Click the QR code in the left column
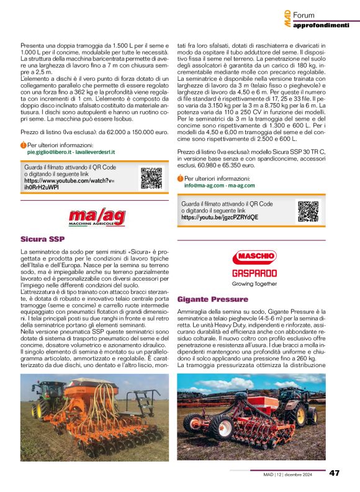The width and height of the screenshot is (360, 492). tap(151, 178)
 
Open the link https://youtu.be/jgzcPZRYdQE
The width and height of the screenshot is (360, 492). tap(220, 218)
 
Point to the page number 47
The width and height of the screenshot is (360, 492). tap(335, 473)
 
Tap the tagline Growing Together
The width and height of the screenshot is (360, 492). tap(254, 284)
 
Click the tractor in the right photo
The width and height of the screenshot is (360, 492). tap(299, 403)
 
